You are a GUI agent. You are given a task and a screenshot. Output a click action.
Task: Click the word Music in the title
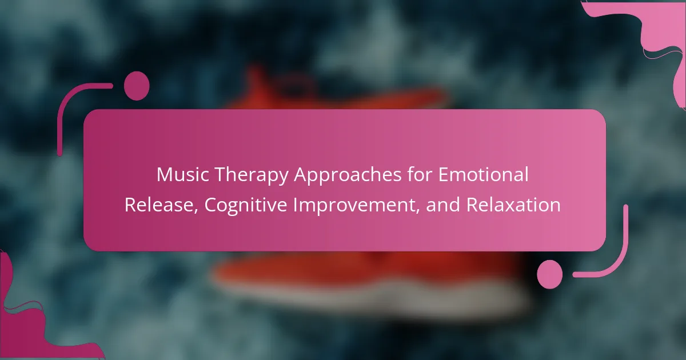183,174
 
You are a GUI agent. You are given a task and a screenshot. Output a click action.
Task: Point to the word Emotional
483,174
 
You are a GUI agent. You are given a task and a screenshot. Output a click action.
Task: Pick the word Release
159,205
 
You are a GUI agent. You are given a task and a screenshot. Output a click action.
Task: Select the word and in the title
443,205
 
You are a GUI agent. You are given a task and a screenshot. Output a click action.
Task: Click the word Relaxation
513,205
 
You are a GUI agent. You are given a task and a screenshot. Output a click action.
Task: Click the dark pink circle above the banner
137,86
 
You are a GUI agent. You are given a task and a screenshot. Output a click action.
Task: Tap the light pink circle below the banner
550,274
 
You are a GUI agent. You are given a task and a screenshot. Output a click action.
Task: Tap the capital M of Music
166,175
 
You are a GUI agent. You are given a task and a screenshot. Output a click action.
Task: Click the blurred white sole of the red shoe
368,297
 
